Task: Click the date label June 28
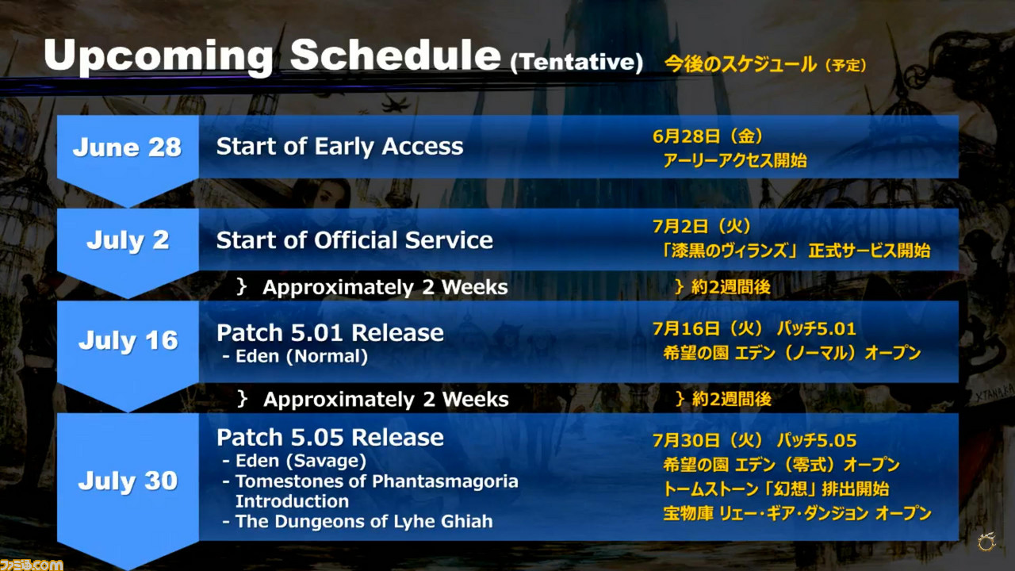pyautogui.click(x=127, y=148)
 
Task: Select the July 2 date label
pyautogui.click(x=128, y=240)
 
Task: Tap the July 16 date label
pyautogui.click(x=128, y=340)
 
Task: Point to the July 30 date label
pyautogui.click(x=128, y=481)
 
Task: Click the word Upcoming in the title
pyautogui.click(x=159, y=56)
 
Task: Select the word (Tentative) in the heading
pyautogui.click(x=576, y=62)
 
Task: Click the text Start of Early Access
pyautogui.click(x=340, y=147)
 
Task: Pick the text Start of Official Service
pyautogui.click(x=354, y=240)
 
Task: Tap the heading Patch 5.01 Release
pyautogui.click(x=330, y=332)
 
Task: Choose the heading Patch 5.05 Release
pyautogui.click(x=330, y=437)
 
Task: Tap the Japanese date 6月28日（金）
pyautogui.click(x=707, y=136)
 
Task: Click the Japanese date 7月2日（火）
pyautogui.click(x=702, y=226)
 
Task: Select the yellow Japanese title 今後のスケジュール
pyautogui.click(x=741, y=64)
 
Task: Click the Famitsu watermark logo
pyautogui.click(x=31, y=564)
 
